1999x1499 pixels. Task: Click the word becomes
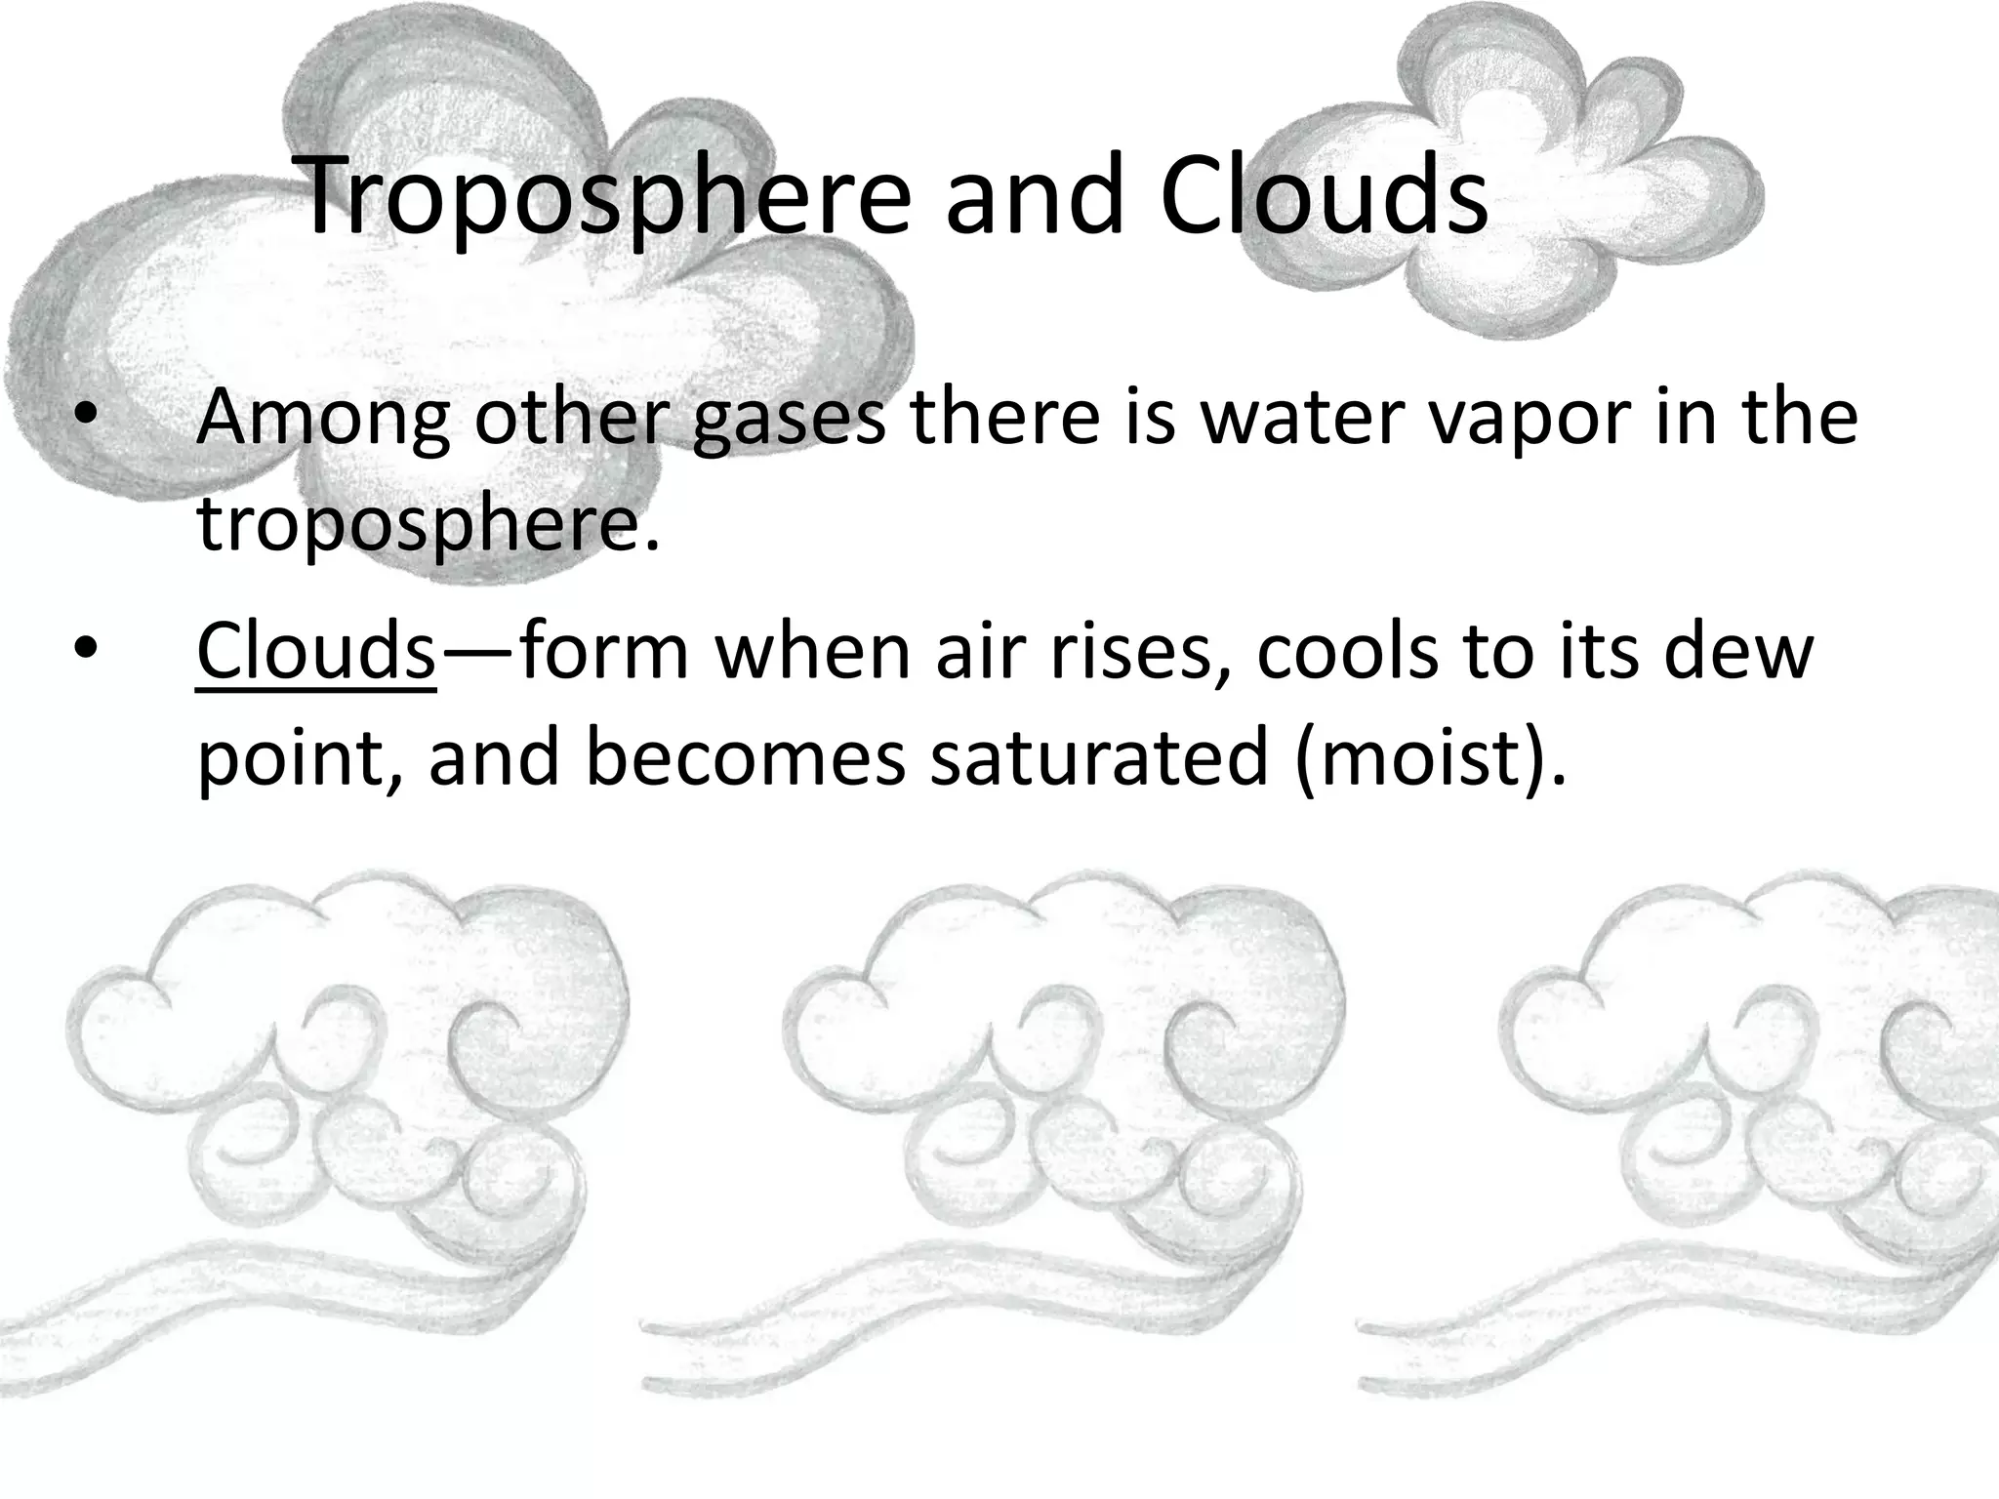pyautogui.click(x=746, y=757)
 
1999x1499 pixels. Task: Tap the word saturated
pyautogui.click(x=1099, y=757)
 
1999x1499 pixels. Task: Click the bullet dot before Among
pyautogui.click(x=86, y=418)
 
